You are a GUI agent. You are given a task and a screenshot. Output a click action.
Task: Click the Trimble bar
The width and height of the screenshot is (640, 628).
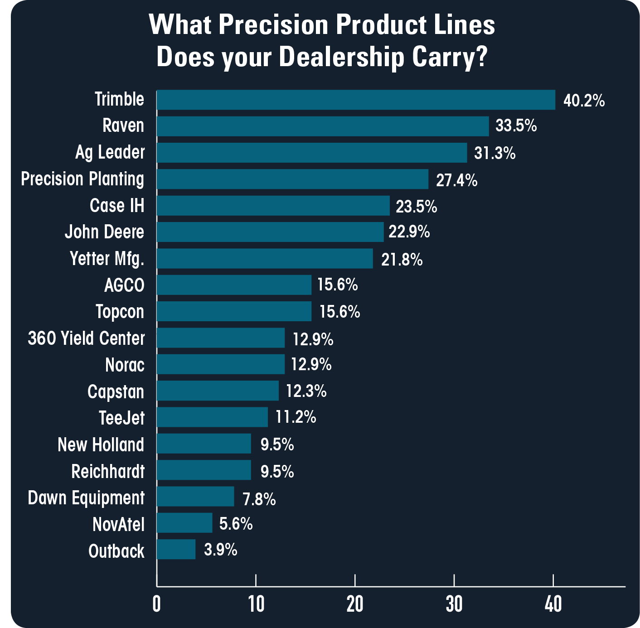coord(356,100)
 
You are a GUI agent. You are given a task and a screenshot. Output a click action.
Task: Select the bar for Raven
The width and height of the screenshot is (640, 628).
coord(323,126)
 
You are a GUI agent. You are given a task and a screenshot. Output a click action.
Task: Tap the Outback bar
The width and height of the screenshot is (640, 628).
coord(176,549)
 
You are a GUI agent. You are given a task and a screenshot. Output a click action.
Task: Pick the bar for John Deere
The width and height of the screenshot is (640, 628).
coord(270,232)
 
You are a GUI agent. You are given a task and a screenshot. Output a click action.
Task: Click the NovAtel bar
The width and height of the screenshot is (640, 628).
coord(184,523)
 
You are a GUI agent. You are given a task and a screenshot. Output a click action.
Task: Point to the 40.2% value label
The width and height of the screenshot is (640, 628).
coord(584,101)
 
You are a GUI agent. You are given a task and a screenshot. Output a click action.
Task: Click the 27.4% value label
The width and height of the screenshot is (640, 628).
coord(456,180)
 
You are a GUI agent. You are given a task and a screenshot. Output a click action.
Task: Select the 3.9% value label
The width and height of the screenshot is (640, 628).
coord(221,550)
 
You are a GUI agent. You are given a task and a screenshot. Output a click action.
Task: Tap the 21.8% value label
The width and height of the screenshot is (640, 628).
coord(402,260)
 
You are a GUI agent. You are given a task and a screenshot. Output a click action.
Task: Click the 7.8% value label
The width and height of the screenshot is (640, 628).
coord(259,499)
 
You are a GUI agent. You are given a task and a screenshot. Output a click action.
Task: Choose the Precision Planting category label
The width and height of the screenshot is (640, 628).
coord(82,179)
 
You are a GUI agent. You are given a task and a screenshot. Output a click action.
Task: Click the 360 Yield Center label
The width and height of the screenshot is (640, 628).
coord(86,338)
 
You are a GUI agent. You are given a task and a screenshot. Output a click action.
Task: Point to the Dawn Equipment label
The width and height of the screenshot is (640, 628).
coord(86,498)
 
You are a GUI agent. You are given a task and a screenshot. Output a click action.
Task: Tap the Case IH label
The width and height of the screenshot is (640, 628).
coord(117,206)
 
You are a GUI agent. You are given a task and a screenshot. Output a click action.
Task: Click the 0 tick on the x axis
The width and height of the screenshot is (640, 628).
coord(157,604)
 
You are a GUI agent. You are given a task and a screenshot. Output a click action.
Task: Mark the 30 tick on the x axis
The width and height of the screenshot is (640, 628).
coord(454,604)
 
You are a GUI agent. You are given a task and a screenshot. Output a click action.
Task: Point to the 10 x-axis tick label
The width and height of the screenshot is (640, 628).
coord(256,604)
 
